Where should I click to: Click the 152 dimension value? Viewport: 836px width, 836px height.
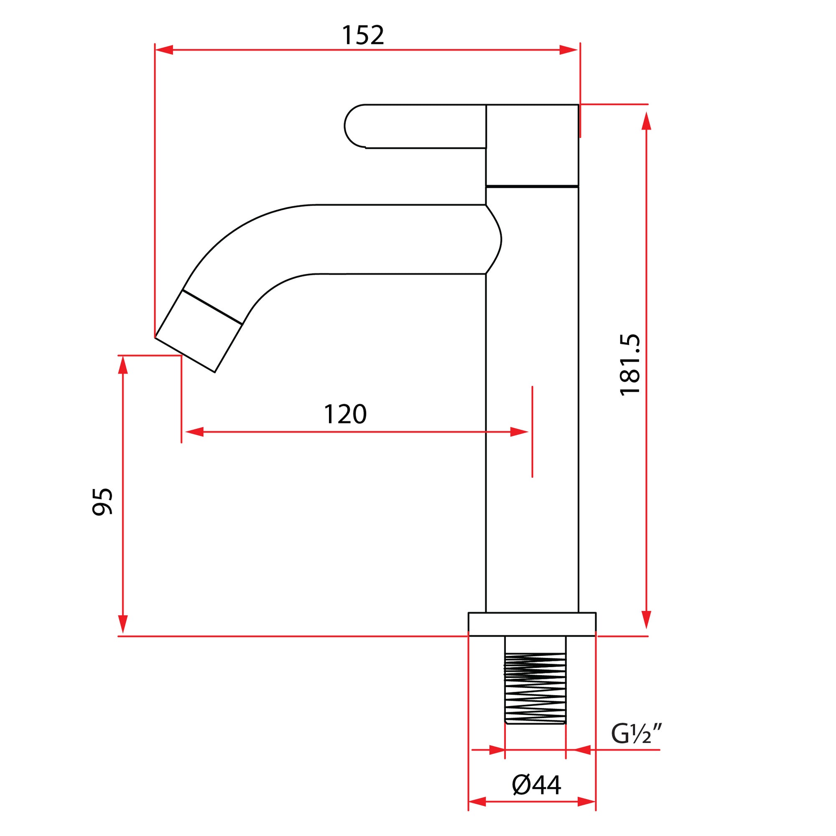[x=362, y=36]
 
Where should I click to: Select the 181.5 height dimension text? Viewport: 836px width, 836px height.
[x=630, y=365]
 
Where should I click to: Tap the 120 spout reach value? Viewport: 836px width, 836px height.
[x=345, y=414]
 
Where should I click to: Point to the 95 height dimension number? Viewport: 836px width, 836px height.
[x=102, y=502]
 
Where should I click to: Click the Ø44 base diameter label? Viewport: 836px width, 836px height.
[x=537, y=785]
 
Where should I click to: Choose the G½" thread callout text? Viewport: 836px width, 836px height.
[x=637, y=734]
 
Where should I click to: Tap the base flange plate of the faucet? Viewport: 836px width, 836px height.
[x=532, y=624]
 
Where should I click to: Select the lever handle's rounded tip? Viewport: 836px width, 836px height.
[x=353, y=126]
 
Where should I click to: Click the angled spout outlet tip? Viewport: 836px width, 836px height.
[x=185, y=354]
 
